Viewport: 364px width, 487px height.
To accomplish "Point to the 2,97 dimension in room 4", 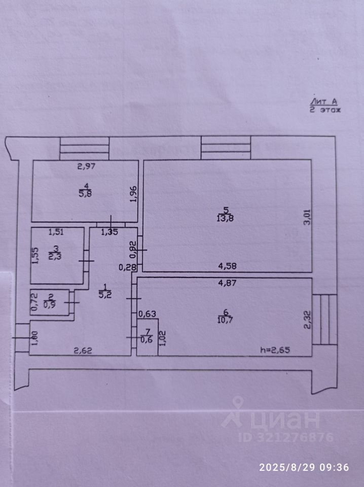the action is click(x=86, y=165).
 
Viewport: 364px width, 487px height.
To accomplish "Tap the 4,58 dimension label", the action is click(x=228, y=265).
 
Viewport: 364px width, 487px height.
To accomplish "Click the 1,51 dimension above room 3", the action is click(x=56, y=233).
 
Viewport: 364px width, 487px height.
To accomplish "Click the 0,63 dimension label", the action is click(x=147, y=314).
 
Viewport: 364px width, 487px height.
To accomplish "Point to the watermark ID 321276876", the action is click(x=278, y=437).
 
